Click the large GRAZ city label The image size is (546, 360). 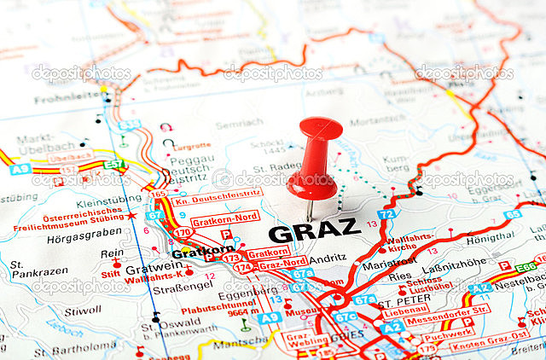pos(314,229)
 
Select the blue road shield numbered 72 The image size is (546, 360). pos(386,214)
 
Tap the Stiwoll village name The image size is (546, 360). pos(82,311)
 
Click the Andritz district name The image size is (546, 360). pos(328,257)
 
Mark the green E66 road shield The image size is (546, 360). pos(526,267)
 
